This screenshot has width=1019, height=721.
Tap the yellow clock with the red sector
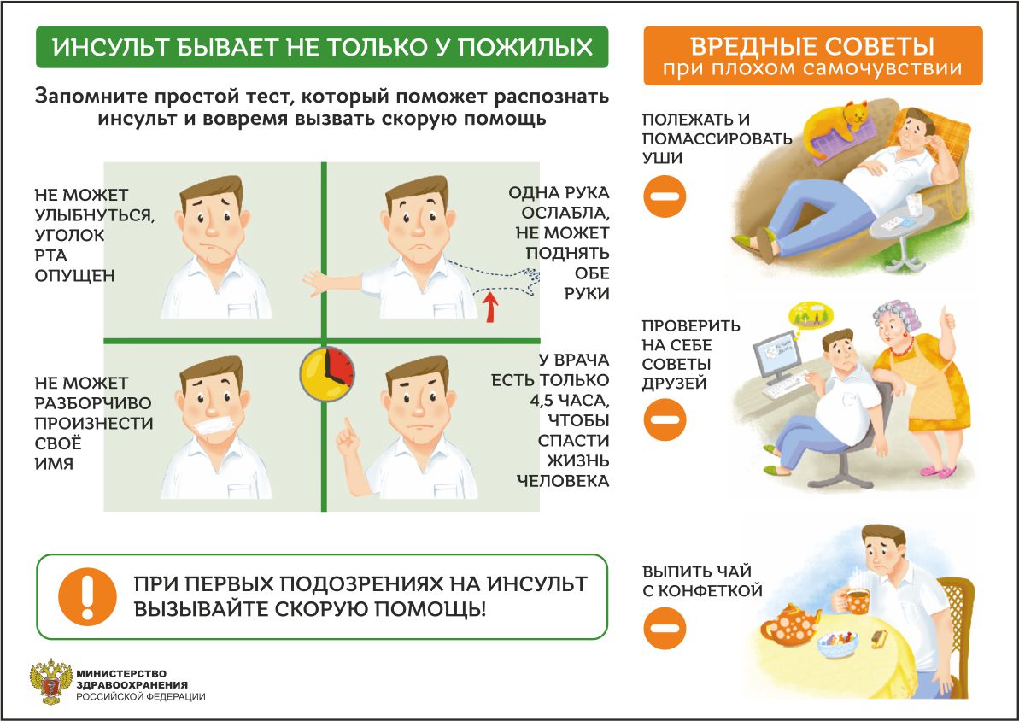click(327, 374)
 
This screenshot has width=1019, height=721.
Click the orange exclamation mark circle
click(88, 596)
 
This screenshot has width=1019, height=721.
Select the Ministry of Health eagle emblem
click(50, 682)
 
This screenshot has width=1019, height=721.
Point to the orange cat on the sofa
click(835, 126)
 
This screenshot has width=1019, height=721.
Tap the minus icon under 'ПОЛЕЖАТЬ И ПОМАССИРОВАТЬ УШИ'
click(665, 196)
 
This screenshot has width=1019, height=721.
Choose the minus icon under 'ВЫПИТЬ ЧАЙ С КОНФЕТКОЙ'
click(665, 628)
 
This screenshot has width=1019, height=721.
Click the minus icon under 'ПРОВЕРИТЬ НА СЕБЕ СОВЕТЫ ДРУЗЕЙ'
click(665, 419)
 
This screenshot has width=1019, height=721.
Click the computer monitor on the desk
click(776, 355)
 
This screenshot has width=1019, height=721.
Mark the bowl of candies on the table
click(838, 642)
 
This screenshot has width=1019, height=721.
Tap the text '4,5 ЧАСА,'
click(569, 401)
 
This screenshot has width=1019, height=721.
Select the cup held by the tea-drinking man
click(858, 600)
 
